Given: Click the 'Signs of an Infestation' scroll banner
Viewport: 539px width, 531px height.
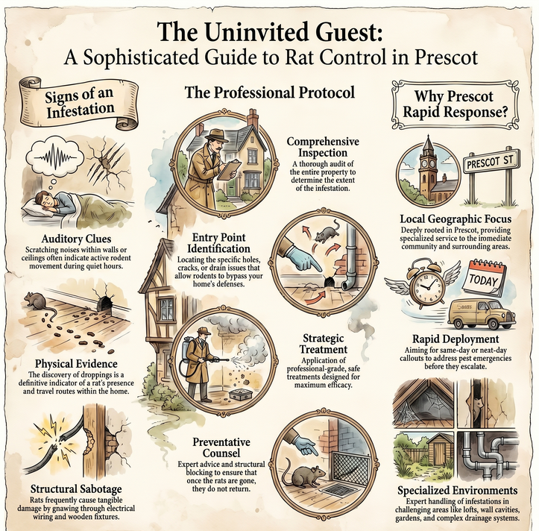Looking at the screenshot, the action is pyautogui.click(x=78, y=103).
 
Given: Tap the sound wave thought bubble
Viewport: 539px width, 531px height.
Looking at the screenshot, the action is pyautogui.click(x=55, y=157).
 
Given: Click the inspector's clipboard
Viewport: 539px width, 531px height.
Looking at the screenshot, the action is pyautogui.click(x=230, y=170).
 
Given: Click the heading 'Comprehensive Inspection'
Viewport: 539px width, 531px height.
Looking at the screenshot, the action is pyautogui.click(x=323, y=147).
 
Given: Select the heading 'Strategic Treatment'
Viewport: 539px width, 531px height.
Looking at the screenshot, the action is pyautogui.click(x=323, y=344).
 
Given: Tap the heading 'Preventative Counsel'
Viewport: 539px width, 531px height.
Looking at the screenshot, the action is pyautogui.click(x=221, y=447).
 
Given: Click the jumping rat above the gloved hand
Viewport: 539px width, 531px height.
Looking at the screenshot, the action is pyautogui.click(x=327, y=233).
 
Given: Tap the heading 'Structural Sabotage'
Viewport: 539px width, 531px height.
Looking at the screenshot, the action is pyautogui.click(x=76, y=488).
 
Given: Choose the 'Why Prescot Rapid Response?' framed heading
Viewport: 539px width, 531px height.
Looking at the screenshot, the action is pyautogui.click(x=455, y=104).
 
